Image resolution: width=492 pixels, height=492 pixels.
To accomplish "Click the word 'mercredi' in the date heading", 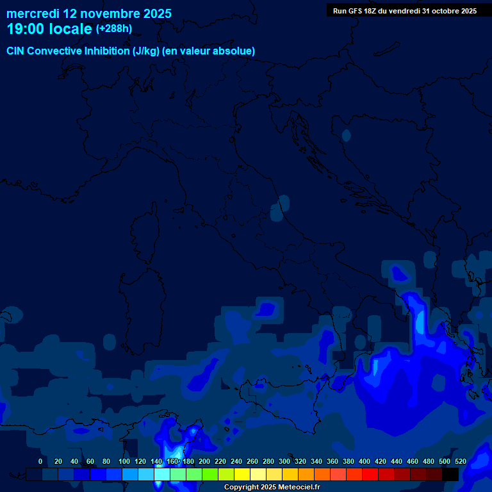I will click(x=33, y=13).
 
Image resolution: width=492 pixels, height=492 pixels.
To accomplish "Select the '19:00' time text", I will click(x=25, y=29).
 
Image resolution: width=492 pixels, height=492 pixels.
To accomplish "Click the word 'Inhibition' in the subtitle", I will click(x=107, y=51).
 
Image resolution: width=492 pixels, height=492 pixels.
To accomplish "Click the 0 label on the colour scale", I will click(x=40, y=461).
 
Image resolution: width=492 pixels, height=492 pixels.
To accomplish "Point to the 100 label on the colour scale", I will click(x=124, y=461).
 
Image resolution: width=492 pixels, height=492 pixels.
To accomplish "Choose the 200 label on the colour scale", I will click(x=204, y=461).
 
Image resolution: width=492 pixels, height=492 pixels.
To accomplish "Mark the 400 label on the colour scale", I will click(x=365, y=461).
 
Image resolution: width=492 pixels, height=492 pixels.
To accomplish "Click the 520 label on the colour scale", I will click(x=460, y=461).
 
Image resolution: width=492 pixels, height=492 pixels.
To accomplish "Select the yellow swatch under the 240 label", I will click(x=242, y=474).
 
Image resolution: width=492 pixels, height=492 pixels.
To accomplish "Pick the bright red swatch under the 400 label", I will click(x=370, y=474).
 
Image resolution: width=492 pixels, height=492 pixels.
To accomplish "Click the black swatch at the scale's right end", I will click(x=450, y=474).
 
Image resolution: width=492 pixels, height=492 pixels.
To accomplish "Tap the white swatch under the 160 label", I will click(x=162, y=474).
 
